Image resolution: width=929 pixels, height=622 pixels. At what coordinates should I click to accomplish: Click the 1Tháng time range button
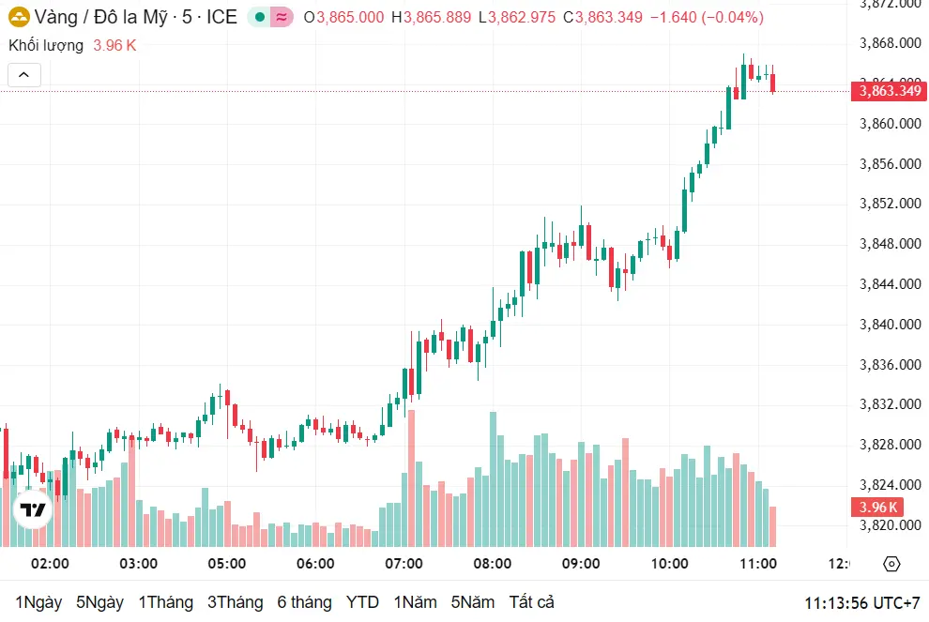pyautogui.click(x=165, y=602)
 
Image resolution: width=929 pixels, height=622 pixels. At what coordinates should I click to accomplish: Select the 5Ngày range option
pyautogui.click(x=99, y=602)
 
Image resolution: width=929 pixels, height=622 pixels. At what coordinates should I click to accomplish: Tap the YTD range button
pyautogui.click(x=362, y=602)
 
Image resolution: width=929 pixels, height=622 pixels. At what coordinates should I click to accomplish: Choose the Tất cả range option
pyautogui.click(x=532, y=602)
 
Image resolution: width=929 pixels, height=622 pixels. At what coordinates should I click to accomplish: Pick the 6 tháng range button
pyautogui.click(x=304, y=602)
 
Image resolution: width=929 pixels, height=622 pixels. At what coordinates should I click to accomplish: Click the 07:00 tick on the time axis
pyautogui.click(x=404, y=564)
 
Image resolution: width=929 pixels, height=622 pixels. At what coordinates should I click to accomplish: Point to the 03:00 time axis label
pyautogui.click(x=138, y=564)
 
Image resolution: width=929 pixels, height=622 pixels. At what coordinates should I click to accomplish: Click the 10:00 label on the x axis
pyautogui.click(x=669, y=564)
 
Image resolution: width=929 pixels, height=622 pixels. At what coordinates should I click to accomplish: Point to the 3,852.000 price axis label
pyautogui.click(x=889, y=204)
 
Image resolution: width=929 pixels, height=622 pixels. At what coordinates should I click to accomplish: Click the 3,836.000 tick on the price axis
pyautogui.click(x=889, y=365)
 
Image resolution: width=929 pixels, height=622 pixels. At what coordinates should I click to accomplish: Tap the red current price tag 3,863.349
pyautogui.click(x=889, y=91)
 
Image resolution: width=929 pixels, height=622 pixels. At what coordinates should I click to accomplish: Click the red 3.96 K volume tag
pyautogui.click(x=877, y=508)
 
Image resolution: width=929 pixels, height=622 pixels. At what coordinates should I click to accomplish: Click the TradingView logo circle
pyautogui.click(x=34, y=510)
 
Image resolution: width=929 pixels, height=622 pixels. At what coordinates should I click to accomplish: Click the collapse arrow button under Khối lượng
pyautogui.click(x=24, y=75)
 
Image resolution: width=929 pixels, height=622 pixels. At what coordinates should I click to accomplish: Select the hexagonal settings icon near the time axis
pyautogui.click(x=891, y=564)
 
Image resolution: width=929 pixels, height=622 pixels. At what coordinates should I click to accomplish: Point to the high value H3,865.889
pyautogui.click(x=432, y=17)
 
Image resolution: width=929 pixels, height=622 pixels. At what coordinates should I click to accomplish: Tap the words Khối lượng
pyautogui.click(x=46, y=45)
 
